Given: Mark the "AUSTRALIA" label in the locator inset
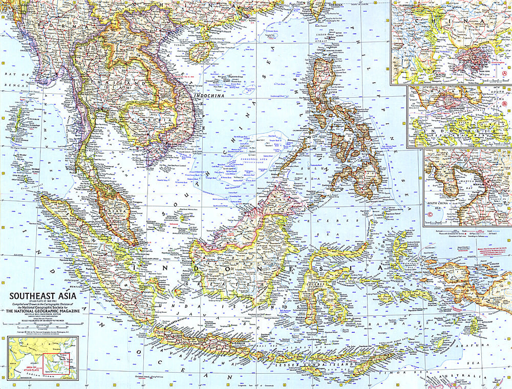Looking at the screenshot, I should (x=65, y=374).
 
